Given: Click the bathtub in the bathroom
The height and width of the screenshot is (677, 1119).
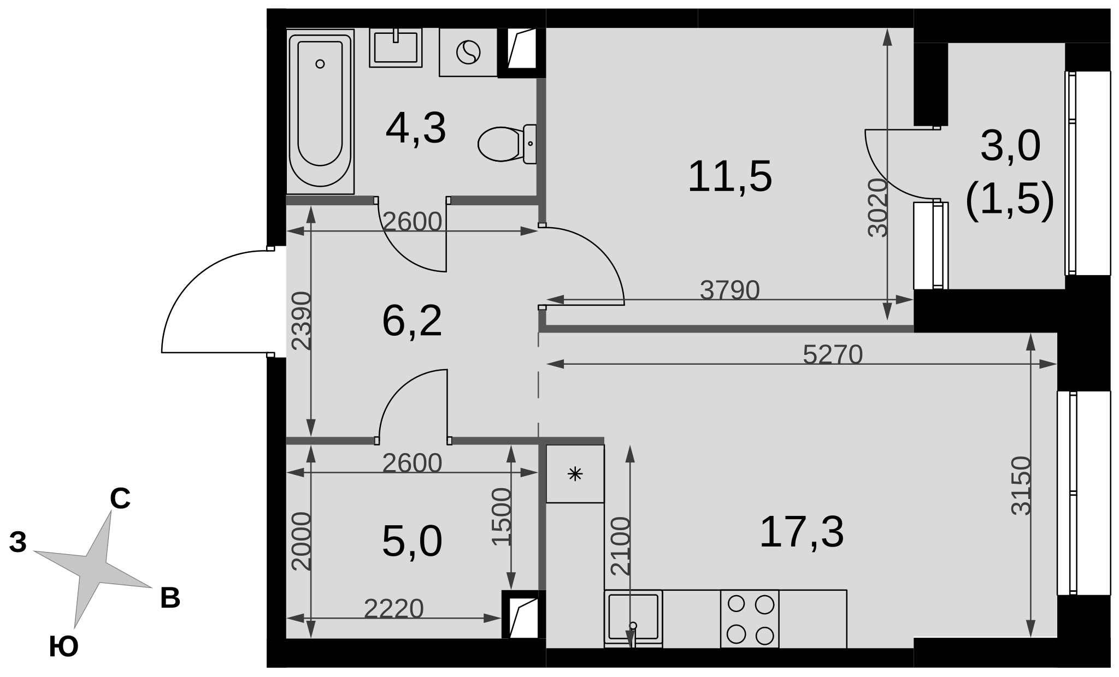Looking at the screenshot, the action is [321, 111].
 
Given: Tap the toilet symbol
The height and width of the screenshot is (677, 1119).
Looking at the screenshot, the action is [507, 144].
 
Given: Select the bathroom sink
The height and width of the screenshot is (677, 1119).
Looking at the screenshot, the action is [396, 48].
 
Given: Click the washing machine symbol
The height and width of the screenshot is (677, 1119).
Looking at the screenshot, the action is [468, 52].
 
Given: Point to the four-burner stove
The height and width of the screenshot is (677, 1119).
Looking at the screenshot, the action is [750, 619].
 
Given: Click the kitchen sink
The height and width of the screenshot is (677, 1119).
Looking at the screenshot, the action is [633, 619].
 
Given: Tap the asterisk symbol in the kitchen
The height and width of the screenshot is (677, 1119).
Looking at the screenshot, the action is [575, 474].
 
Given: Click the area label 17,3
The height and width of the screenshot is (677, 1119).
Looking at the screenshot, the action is [802, 532].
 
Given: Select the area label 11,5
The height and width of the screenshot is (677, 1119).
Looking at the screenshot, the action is [730, 176].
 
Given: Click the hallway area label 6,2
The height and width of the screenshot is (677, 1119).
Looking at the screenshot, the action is [412, 322].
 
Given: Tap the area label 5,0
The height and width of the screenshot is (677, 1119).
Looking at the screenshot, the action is [412, 542].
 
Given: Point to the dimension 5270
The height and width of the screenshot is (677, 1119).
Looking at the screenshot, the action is [833, 355].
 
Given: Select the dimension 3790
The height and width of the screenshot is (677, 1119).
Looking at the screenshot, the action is [730, 290].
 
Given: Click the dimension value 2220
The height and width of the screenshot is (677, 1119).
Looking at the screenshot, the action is [394, 609].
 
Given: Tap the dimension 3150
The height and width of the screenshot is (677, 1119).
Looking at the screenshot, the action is [1021, 486].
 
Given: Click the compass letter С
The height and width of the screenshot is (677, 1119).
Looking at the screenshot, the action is [120, 499].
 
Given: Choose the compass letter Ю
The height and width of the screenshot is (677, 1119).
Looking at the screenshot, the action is [64, 647].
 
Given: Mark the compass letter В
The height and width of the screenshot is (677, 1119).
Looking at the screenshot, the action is [170, 598].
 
